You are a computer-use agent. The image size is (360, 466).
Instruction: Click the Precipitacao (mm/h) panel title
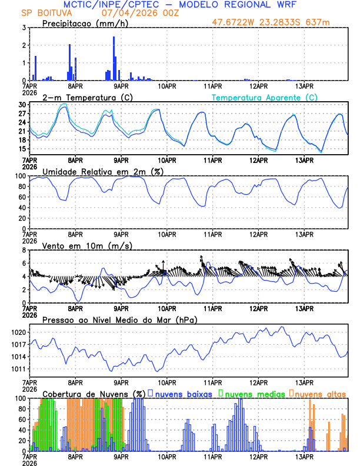84,23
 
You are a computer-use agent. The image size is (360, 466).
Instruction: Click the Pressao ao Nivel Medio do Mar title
120,319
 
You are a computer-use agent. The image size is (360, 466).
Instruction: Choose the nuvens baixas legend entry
182,394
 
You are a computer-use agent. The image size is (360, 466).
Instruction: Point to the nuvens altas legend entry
319,394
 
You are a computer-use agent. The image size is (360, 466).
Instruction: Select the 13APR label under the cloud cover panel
304,456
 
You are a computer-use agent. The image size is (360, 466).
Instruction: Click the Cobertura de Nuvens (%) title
94,394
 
